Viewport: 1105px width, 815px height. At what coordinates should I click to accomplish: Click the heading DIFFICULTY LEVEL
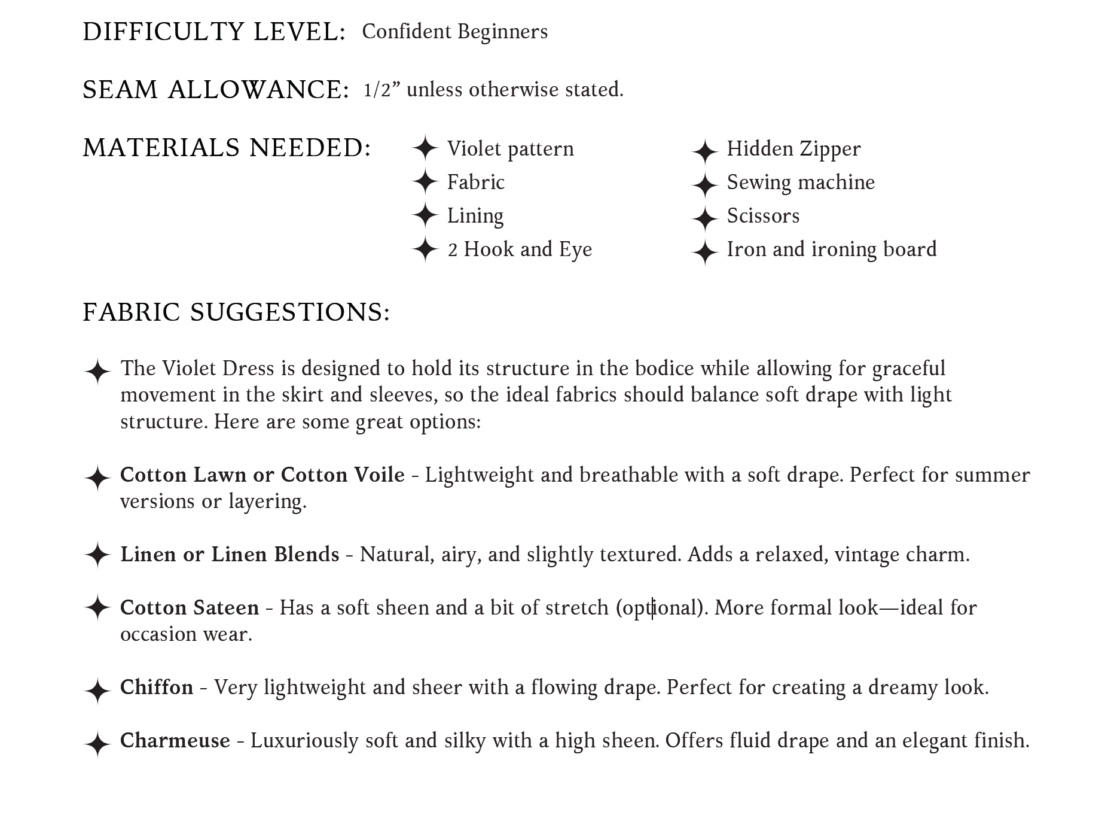click(214, 32)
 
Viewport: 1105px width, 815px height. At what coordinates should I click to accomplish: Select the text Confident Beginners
click(454, 32)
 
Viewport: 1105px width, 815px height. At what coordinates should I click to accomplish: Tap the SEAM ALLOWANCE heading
click(215, 90)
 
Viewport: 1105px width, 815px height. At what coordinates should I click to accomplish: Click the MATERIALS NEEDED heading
click(227, 148)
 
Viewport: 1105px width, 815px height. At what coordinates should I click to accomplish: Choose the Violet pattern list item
click(510, 148)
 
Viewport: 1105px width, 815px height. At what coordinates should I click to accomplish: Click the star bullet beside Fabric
click(425, 181)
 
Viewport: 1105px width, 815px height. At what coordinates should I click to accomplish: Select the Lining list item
click(475, 215)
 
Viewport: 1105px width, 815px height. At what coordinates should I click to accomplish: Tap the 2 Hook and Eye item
click(519, 249)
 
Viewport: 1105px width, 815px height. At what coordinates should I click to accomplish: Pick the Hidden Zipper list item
click(793, 148)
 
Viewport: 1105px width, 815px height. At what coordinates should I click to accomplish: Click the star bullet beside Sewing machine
click(704, 185)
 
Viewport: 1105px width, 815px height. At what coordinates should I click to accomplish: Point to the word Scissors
click(763, 215)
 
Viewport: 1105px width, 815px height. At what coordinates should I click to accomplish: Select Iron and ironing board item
click(831, 249)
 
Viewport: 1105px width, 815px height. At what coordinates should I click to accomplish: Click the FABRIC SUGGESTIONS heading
click(236, 312)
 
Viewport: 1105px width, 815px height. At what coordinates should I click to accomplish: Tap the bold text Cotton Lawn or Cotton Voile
click(262, 475)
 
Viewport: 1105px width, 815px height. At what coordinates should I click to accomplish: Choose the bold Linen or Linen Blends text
click(230, 554)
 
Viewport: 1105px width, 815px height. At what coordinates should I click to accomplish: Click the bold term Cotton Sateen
click(190, 607)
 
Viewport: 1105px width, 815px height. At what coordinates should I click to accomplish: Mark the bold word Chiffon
click(157, 687)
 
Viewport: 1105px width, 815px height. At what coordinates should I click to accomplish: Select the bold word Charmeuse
click(175, 740)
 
